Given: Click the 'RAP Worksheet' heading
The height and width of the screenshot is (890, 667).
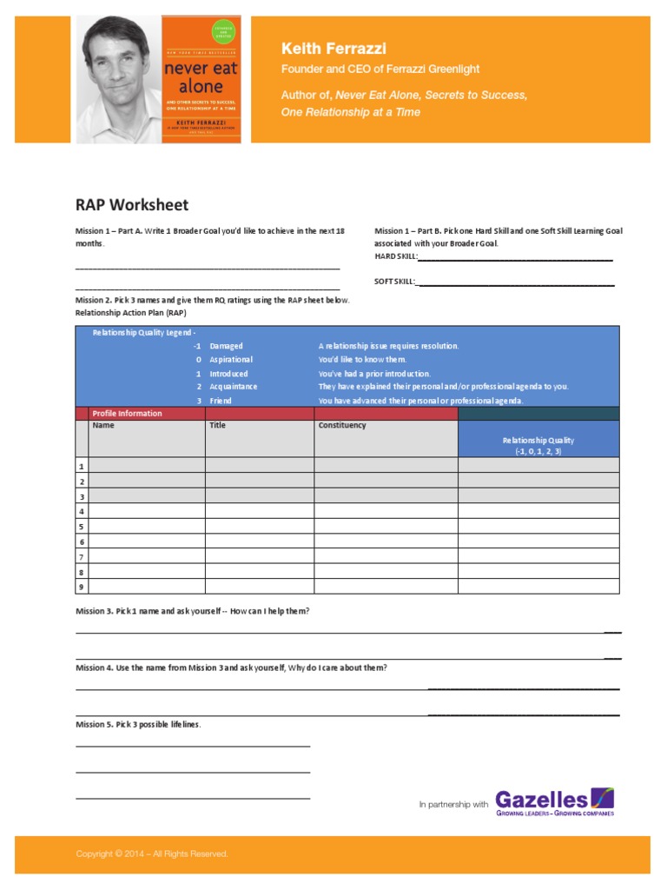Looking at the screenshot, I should pos(131,205).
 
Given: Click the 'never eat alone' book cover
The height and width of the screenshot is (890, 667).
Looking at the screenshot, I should pos(201,79).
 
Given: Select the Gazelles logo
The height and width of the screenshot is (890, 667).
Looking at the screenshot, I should pos(554,802).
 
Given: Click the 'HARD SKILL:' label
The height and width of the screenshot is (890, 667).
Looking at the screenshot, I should pos(396,256).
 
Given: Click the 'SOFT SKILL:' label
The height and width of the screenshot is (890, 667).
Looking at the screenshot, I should pos(395,281).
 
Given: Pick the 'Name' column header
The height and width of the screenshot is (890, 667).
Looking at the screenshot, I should pos(103,426).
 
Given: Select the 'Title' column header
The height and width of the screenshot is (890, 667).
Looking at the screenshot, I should pos(217,426).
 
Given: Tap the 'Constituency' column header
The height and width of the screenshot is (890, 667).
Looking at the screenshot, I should pos(342,426).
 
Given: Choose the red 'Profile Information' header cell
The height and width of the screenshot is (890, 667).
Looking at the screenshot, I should pos(127,414).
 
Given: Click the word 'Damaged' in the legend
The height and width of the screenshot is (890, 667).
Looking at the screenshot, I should pos(226,346).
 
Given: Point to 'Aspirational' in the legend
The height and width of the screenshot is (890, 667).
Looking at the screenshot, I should pos(231,360).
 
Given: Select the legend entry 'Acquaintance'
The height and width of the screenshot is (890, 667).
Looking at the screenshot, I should pos(233,387).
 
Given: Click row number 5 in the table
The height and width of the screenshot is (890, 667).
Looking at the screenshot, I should pos(82,527).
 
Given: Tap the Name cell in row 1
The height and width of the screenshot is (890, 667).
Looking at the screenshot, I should pos(147,465).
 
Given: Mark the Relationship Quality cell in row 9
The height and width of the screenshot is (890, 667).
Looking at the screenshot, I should pos(538,587).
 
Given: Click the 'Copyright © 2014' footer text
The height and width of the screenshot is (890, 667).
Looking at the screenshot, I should pos(152,854).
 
